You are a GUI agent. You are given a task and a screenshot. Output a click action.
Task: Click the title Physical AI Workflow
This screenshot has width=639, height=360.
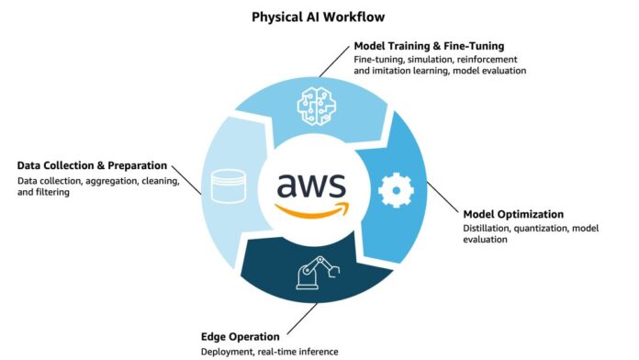pyautogui.click(x=319, y=16)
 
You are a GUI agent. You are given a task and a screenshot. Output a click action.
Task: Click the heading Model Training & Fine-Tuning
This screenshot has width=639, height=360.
pyautogui.click(x=431, y=46)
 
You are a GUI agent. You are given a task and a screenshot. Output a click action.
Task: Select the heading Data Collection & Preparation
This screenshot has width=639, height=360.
pyautogui.click(x=92, y=165)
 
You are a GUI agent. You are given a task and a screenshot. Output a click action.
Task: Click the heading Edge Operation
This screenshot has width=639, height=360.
pyautogui.click(x=240, y=336)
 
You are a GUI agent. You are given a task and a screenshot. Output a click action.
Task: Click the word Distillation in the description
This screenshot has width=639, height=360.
pyautogui.click(x=480, y=229)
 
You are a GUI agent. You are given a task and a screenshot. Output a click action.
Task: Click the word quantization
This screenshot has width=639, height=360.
pyautogui.click(x=540, y=229)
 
